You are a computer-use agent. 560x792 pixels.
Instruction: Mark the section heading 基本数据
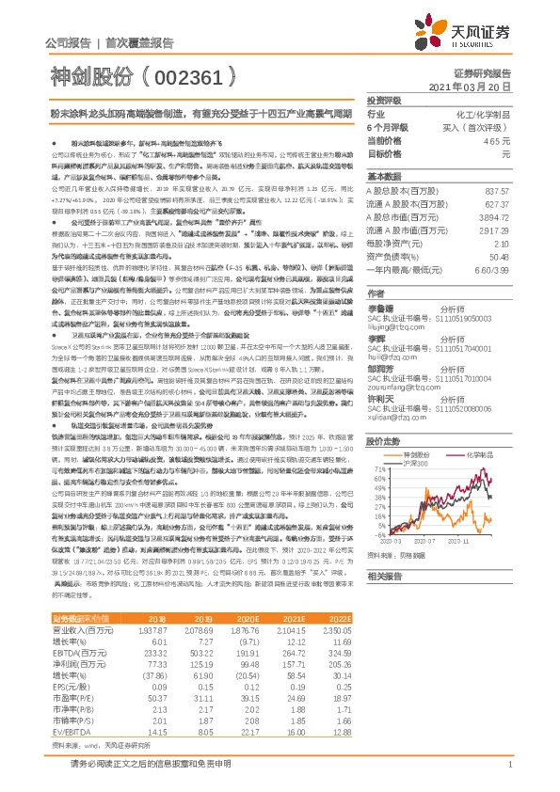coord(385,178)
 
